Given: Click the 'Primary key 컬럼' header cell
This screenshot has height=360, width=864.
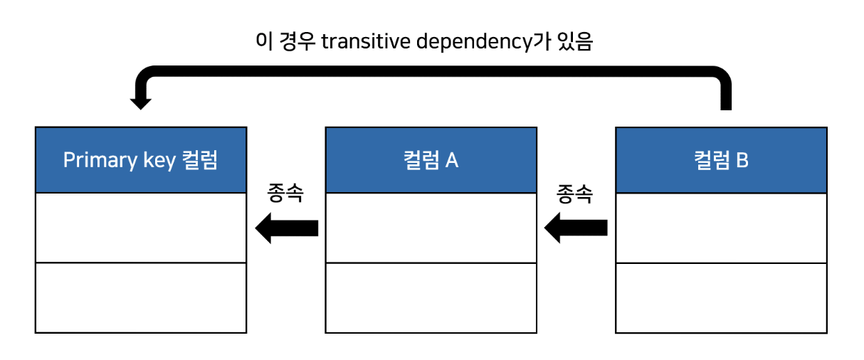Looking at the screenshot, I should coord(141,160).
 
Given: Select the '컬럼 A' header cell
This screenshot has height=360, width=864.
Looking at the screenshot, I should coord(431,160).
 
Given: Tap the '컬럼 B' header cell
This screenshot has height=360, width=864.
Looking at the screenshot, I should coord(721,160).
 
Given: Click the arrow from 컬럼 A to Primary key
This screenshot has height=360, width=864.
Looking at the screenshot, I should coord(286,228).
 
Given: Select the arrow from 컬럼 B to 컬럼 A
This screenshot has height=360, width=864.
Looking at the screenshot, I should coord(576,228).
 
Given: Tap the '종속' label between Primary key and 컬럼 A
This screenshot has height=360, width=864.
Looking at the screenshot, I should coord(285,194).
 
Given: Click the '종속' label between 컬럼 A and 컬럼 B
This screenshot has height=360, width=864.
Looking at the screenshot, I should coord(575,194).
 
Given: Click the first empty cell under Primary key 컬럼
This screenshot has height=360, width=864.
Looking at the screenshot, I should coord(141,228).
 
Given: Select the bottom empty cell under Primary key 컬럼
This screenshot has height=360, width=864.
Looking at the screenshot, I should coord(141,297).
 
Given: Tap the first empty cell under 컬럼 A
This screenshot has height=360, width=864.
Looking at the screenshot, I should coord(431,228).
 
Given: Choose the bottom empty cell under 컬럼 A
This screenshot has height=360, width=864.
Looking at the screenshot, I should coord(431,297).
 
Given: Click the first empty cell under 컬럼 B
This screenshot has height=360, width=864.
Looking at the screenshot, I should coord(721,228).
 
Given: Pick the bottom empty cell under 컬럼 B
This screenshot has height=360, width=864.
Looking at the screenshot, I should coord(721,297).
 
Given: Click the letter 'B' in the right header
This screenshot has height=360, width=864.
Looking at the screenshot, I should coord(742,160).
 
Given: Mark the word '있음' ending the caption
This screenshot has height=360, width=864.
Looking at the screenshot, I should coord(575,42).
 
